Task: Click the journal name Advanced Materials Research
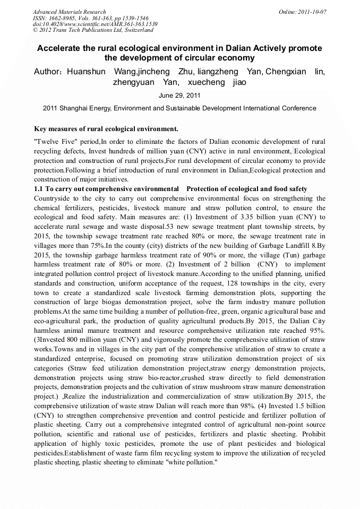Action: pyautogui.click(x=69, y=12)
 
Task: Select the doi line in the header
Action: pyautogui.click(x=95, y=24)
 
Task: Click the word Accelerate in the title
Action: pyautogui.click(x=61, y=48)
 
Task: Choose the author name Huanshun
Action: pyautogui.click(x=86, y=72)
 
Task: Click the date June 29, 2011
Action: pyautogui.click(x=179, y=96)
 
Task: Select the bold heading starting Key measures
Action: pyautogui.click(x=106, y=129)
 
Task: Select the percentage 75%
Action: pyautogui.click(x=96, y=246)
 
